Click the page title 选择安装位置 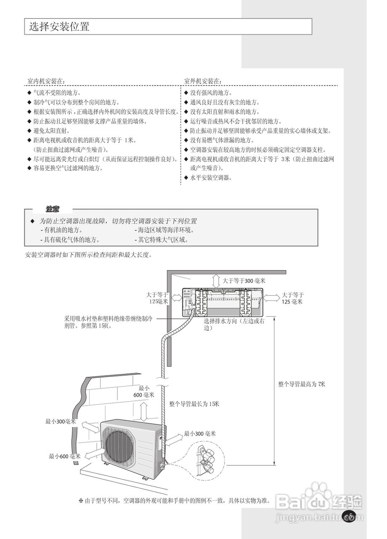coord(59,27)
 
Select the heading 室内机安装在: coord(46,80)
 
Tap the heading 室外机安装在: coord(203,80)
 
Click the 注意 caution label coord(53,209)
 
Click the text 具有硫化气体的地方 coord(72,240)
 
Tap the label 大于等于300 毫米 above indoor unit coord(244,280)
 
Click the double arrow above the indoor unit coord(215,280)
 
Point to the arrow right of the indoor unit coord(271,298)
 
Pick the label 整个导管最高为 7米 coord(302,384)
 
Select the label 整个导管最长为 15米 coord(194,404)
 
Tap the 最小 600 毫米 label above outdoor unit coord(144,391)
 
